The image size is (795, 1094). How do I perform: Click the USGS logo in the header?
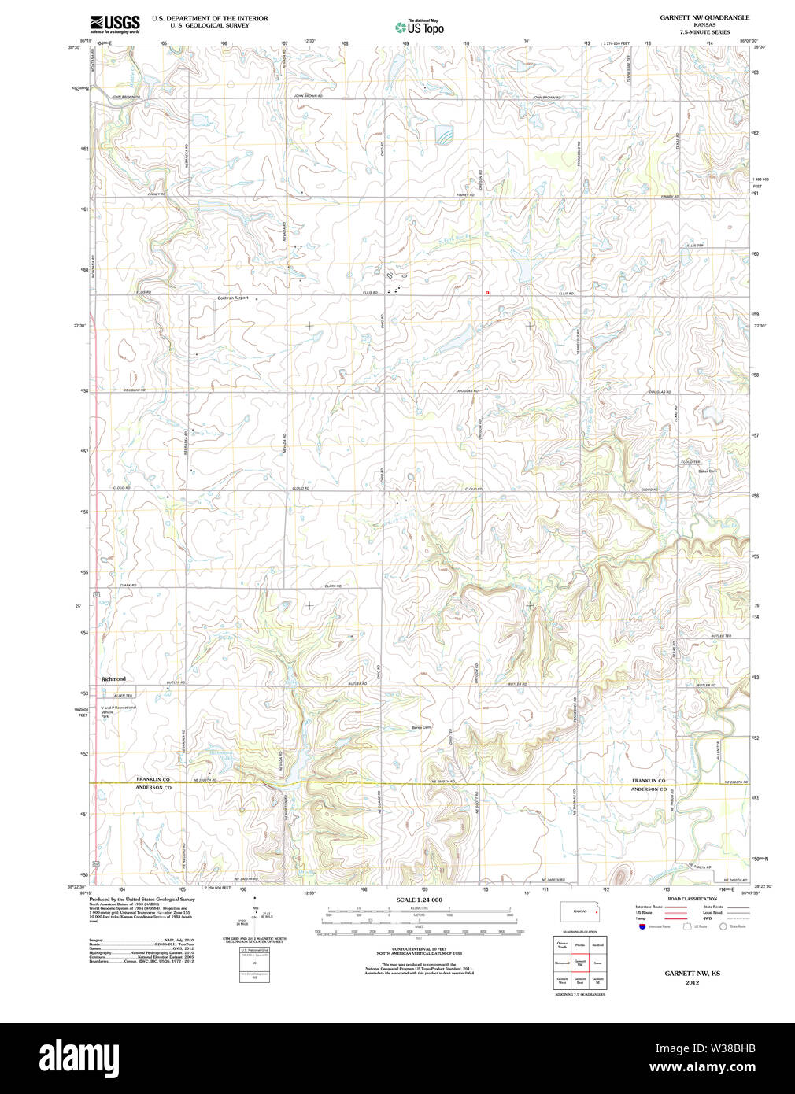click(115, 24)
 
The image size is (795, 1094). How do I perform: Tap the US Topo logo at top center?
click(420, 28)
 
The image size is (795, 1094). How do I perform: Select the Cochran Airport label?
click(233, 298)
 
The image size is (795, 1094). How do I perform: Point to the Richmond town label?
click(113, 678)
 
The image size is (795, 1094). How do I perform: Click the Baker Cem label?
click(707, 471)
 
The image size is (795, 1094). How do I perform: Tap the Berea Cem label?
click(421, 727)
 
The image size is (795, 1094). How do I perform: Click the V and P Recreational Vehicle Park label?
click(118, 711)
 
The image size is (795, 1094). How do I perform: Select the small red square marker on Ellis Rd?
click(488, 292)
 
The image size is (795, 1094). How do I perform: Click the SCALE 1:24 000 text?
click(419, 900)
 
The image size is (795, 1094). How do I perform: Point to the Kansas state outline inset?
click(579, 912)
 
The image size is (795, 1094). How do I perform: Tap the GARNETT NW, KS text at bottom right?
click(692, 974)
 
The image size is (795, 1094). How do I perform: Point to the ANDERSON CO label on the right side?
click(649, 789)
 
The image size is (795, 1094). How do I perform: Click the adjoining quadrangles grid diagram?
click(579, 962)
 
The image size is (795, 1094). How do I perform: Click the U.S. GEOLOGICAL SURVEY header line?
click(209, 25)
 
